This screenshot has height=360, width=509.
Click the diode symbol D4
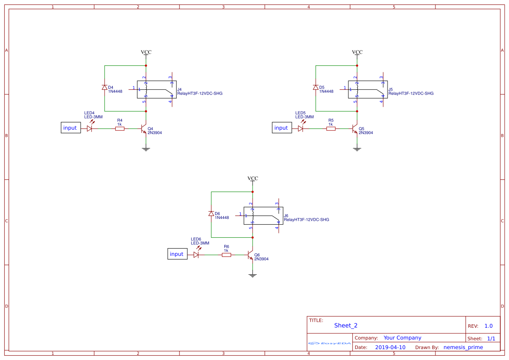click(x=104, y=87)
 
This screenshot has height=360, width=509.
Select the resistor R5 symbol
click(x=331, y=129)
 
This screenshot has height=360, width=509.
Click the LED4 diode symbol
click(x=90, y=129)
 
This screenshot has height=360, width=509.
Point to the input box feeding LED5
click(x=282, y=128)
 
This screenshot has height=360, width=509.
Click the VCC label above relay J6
click(x=253, y=178)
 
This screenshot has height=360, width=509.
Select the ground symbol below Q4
click(x=146, y=149)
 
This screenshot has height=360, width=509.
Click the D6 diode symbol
click(x=211, y=214)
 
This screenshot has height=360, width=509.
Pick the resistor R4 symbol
click(x=120, y=129)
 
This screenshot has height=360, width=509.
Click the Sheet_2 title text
click(x=346, y=326)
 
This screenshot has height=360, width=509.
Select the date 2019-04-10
click(x=390, y=347)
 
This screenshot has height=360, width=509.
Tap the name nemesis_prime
click(x=463, y=347)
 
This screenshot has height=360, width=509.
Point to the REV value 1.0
click(x=488, y=326)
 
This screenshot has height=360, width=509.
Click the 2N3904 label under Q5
click(x=366, y=133)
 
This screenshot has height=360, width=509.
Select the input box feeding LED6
click(x=177, y=254)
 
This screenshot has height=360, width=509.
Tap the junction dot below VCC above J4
click(x=146, y=66)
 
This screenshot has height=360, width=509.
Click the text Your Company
click(x=402, y=338)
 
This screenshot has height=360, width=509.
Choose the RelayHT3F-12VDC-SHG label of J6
click(x=306, y=220)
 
